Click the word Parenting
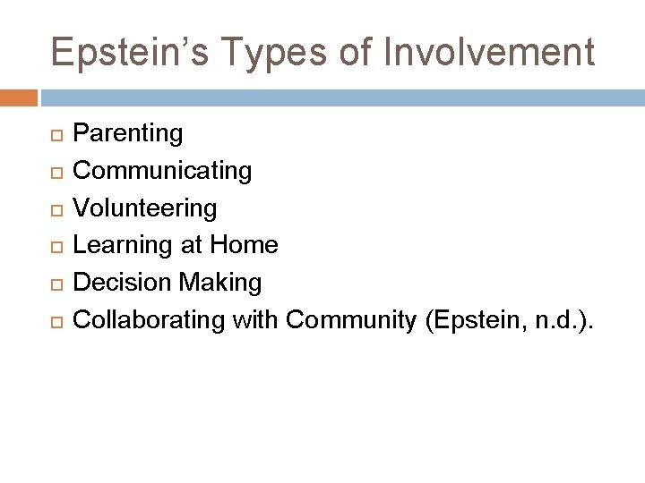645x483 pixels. coord(127,133)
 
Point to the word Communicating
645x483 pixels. coord(162,170)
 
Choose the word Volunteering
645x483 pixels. coord(144,208)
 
